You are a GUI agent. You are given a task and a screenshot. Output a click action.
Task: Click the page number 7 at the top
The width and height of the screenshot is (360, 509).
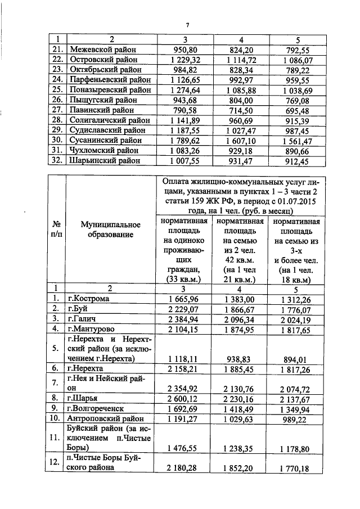click(187, 24)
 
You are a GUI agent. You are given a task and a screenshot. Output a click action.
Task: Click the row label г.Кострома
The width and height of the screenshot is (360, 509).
click(89, 299)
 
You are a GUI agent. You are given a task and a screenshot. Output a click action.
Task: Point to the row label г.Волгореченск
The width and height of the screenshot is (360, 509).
click(97, 408)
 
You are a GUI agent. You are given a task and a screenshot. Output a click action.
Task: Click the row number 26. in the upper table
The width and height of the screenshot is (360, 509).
click(56, 100)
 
